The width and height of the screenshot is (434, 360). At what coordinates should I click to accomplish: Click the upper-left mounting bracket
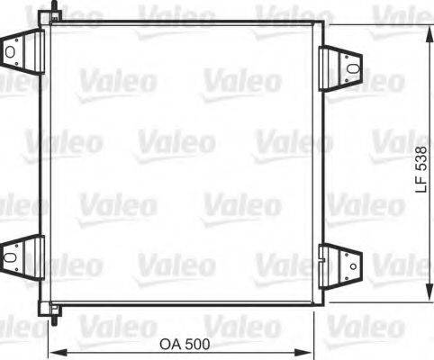tap(22, 51)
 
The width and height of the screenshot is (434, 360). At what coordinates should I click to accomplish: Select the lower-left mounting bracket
tap(22, 255)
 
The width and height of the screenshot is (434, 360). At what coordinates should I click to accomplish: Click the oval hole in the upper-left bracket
tap(11, 52)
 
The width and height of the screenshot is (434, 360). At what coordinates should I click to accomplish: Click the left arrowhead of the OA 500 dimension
tap(52, 352)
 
